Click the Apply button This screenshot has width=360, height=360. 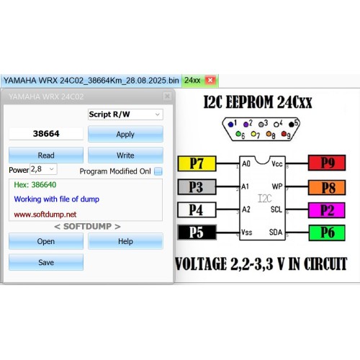point(125,134)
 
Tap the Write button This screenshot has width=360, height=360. point(125,156)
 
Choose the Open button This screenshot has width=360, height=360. point(46,241)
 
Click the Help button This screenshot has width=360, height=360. point(125,241)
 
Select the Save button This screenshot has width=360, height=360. point(46,262)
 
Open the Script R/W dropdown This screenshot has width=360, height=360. point(125,114)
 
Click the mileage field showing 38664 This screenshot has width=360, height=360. point(46,134)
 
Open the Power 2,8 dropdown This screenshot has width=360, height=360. point(43,169)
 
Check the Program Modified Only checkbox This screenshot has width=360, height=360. point(158,171)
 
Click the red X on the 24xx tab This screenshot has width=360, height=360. point(210,80)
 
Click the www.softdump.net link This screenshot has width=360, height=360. point(45,215)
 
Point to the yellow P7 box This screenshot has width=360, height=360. point(197,163)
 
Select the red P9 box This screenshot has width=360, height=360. point(327,163)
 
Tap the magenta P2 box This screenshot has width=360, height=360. point(327,210)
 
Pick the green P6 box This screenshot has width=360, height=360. point(327,233)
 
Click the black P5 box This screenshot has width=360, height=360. point(197,233)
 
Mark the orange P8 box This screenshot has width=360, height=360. point(327,187)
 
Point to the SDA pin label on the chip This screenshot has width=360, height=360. point(276,232)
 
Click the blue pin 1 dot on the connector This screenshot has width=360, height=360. point(230,125)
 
